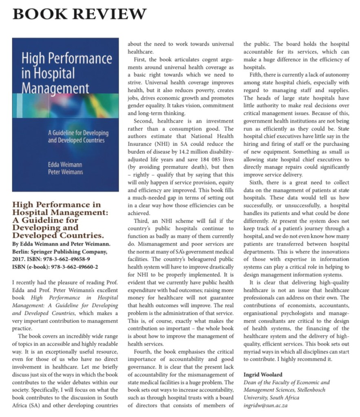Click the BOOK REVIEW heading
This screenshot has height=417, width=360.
click(x=80, y=13)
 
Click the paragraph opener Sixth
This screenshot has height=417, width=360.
click(x=258, y=183)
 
